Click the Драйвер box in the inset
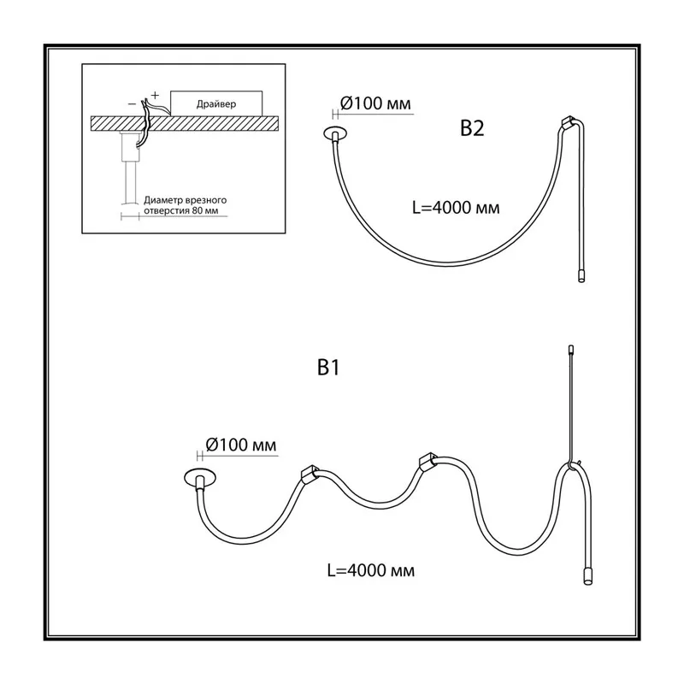point(216,103)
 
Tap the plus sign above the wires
point(155,95)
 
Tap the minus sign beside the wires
point(132,104)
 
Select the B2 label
point(472,128)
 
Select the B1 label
point(328,368)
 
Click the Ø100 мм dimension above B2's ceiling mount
point(375,103)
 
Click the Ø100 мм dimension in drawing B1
point(241,445)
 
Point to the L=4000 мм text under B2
point(456,208)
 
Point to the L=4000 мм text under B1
point(371,570)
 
